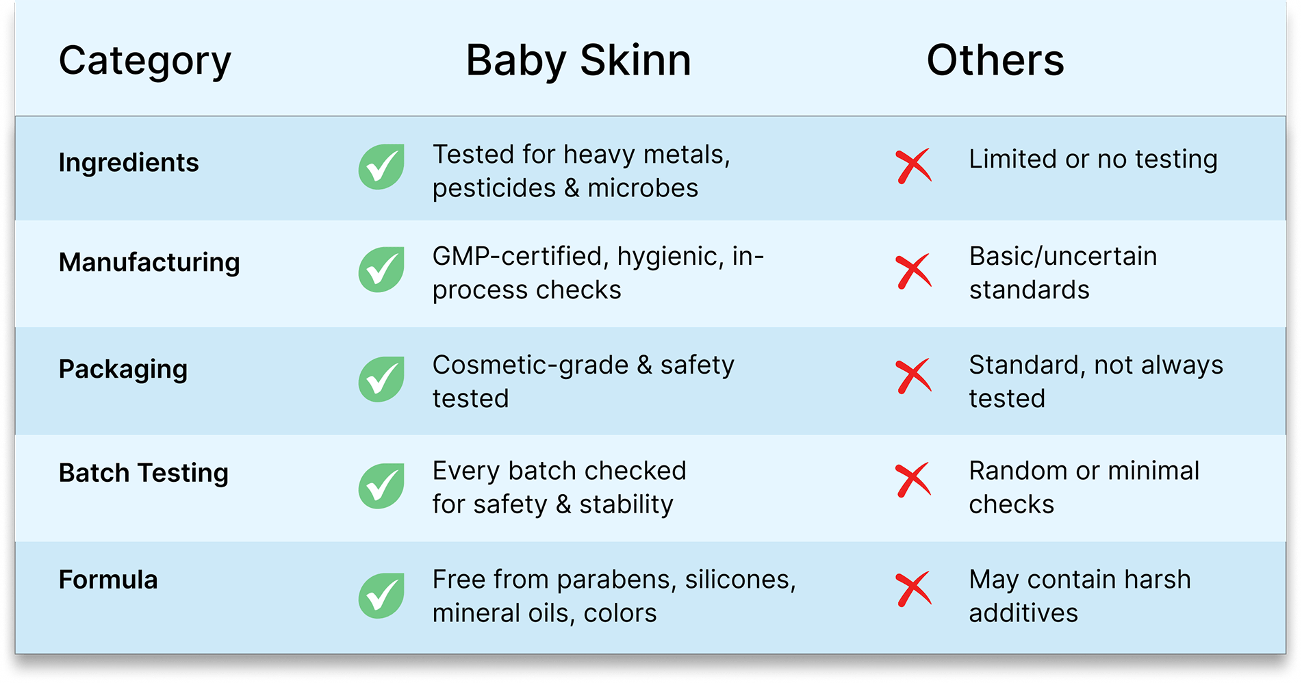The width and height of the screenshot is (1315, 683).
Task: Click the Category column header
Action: point(145,62)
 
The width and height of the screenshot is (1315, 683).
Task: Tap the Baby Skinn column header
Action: point(578,61)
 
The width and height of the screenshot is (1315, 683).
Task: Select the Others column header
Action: point(995,60)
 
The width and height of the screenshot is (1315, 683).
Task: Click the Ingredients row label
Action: point(129,164)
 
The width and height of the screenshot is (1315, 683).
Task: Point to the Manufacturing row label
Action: point(149,263)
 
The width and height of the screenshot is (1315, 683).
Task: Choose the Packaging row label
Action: point(123,370)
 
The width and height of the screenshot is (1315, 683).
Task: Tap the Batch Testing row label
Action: point(144,474)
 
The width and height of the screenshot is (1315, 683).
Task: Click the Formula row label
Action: point(108,580)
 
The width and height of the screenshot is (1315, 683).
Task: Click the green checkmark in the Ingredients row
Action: point(381,167)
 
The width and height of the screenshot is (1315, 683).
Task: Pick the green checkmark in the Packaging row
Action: point(381,379)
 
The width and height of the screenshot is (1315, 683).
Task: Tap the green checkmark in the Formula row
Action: point(381,595)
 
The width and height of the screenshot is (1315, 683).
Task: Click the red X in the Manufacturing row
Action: point(913,271)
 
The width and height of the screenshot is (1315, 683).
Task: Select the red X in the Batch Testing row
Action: point(913,480)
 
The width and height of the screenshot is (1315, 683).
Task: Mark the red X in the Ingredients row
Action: point(913,166)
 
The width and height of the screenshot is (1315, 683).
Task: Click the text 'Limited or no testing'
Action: point(1093,159)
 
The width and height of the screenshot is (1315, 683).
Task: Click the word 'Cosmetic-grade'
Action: point(531,366)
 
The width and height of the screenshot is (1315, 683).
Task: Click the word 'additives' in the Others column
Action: point(1023,613)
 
